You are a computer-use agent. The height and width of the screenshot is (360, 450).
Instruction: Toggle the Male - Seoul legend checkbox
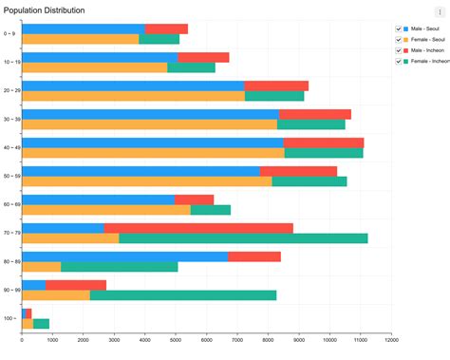click(399, 28)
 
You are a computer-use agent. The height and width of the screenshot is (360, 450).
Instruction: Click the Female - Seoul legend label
click(428, 39)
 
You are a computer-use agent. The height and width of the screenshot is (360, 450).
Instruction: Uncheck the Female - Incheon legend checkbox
click(399, 62)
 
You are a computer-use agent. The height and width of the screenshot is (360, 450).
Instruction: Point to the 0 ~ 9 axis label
click(9, 34)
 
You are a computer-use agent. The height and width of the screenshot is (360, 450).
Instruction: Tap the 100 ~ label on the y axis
click(9, 318)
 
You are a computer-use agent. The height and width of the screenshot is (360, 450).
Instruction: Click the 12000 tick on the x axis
click(391, 339)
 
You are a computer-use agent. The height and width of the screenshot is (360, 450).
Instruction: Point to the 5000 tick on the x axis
click(176, 339)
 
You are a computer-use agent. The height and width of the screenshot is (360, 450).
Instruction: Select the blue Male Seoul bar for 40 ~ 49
click(152, 142)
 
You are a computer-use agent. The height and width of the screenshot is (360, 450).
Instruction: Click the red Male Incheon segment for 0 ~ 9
click(166, 28)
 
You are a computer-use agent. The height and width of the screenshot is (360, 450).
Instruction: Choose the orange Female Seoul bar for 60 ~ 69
click(105, 210)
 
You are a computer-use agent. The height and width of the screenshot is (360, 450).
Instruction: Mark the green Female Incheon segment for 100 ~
click(41, 324)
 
